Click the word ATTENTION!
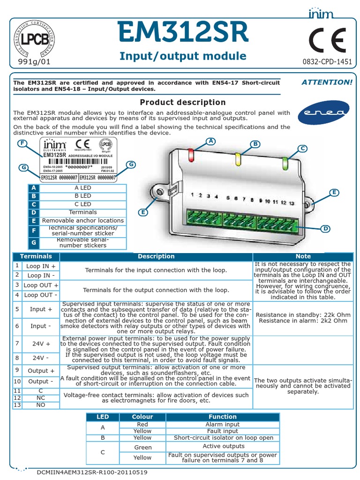327,82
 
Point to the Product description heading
183,102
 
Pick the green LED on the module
285,162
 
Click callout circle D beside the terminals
324,228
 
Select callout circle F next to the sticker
21,143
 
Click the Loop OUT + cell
41,285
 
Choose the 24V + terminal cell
41,344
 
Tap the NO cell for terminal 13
41,405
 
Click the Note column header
303,256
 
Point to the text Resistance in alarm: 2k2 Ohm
303,321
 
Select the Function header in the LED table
222,417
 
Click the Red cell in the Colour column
142,424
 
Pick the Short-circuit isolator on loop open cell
222,438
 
